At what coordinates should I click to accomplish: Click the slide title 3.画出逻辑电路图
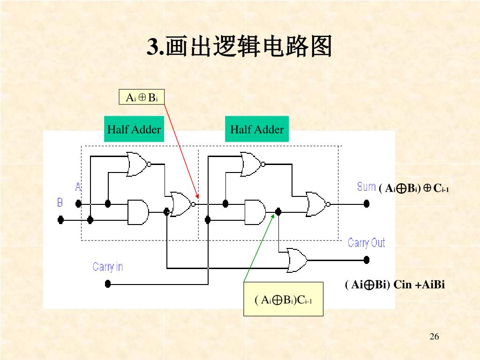point(240,47)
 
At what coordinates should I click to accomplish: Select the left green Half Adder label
point(134,129)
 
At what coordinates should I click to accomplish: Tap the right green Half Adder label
point(257,129)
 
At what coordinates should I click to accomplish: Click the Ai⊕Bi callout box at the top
point(141,97)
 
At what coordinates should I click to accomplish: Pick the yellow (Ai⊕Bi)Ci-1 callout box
point(283,300)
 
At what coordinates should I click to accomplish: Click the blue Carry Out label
point(366,243)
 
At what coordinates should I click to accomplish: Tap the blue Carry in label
point(107,267)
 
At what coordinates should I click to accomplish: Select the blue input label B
point(60,202)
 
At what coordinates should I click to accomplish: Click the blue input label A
point(78,187)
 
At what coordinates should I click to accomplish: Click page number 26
point(434,337)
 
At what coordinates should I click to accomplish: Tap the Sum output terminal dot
point(367,204)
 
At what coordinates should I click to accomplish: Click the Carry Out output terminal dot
point(367,259)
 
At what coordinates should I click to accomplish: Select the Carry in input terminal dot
point(108,283)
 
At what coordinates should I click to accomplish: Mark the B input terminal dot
point(60,219)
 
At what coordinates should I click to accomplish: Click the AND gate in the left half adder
point(138,212)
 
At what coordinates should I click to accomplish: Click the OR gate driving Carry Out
point(297,260)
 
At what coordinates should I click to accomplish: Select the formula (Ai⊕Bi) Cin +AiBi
point(395,285)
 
